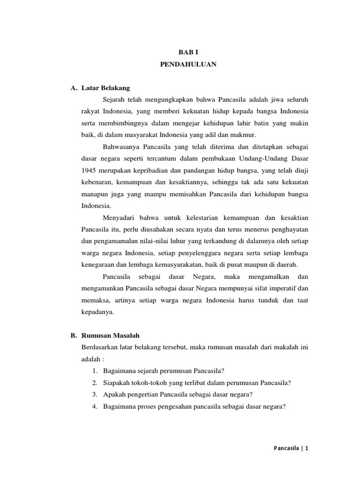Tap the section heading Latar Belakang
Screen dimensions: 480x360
click(105, 88)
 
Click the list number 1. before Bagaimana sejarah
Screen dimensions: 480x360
click(95, 371)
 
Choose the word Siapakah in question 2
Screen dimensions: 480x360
click(118, 382)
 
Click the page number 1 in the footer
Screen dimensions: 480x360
click(307, 448)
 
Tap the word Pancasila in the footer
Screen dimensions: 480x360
click(286, 448)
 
